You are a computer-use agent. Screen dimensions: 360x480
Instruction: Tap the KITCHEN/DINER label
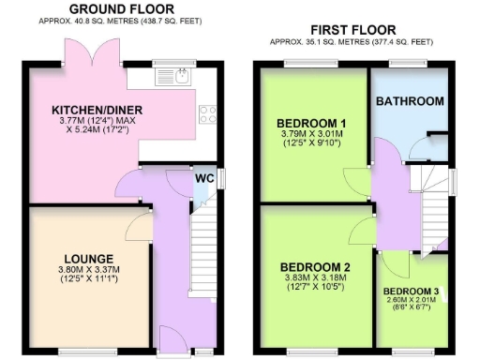pyautogui.click(x=91, y=108)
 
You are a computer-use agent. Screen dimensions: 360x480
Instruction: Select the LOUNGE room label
pyautogui.click(x=89, y=259)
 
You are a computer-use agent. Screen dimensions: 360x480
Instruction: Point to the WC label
pyautogui.click(x=203, y=178)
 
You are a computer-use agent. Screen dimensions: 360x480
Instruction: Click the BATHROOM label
pyautogui.click(x=410, y=100)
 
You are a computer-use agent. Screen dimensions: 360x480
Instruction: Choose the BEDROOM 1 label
pyautogui.click(x=311, y=123)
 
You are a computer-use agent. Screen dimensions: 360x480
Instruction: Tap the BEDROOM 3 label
pyautogui.click(x=411, y=292)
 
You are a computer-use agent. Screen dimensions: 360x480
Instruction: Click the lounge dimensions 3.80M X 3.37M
pyautogui.click(x=89, y=270)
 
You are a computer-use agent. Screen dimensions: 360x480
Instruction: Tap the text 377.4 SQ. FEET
pyautogui.click(x=400, y=42)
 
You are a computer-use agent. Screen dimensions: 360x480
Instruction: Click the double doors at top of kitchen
pyautogui.click(x=79, y=52)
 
